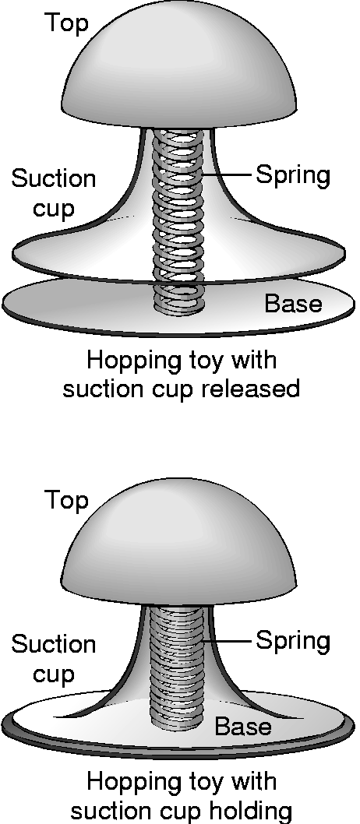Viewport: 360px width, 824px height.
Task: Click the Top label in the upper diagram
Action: pos(66,24)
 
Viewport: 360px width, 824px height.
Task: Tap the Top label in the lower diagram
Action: pos(66,501)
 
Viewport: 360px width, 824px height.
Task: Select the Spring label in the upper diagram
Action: pos(293,176)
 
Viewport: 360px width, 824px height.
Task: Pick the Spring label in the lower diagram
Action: pos(293,642)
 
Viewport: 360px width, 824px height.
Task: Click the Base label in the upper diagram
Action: pos(293,304)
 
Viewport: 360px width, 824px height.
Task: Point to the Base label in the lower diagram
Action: pos(243,726)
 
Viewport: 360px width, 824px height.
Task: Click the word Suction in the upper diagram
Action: pos(54,178)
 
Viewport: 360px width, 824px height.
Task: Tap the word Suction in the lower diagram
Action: pos(54,644)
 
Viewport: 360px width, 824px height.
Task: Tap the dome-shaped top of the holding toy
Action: pos(178,544)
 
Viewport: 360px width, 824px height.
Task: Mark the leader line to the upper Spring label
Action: pos(228,175)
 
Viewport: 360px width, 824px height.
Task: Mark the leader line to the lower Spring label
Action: pos(228,641)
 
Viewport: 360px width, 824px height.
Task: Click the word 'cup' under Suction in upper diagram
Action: pos(54,210)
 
